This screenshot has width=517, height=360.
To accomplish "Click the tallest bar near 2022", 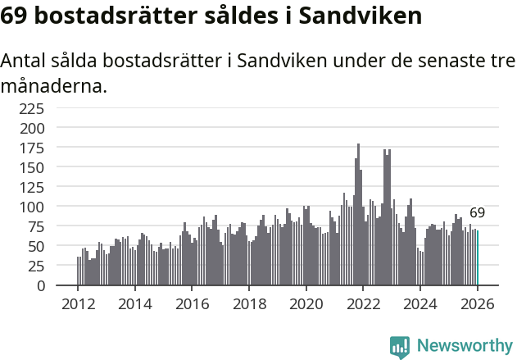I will click(358, 215).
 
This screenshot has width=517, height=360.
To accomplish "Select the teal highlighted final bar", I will click(478, 257).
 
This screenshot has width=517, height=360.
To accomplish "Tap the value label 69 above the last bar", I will click(477, 213).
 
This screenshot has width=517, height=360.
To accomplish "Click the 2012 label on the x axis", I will click(79, 303).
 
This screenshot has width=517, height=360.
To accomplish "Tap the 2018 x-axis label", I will click(249, 303).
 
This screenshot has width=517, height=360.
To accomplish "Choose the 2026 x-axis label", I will click(477, 303).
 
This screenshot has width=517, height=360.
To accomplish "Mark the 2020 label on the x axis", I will click(306, 303).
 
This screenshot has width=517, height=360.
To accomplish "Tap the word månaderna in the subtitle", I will click(54, 85).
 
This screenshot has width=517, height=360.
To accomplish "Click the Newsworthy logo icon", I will click(400, 346).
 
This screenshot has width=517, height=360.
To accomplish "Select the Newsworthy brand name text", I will click(464, 346).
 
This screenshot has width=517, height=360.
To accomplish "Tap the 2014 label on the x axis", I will click(135, 303).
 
